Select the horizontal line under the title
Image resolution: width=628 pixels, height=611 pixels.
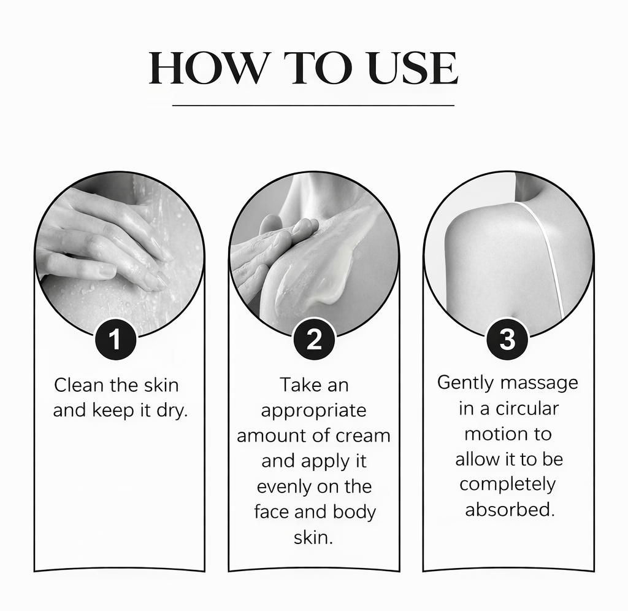(x=313, y=106)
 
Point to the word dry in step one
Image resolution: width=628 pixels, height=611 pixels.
(x=171, y=411)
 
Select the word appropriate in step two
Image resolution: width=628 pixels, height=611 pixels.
(x=313, y=410)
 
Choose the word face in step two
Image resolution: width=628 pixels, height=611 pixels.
(x=272, y=512)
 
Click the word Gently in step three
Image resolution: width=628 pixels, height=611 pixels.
(x=465, y=383)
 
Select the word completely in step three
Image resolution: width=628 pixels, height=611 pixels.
(x=507, y=484)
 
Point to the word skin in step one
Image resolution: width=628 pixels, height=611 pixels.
(x=161, y=386)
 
